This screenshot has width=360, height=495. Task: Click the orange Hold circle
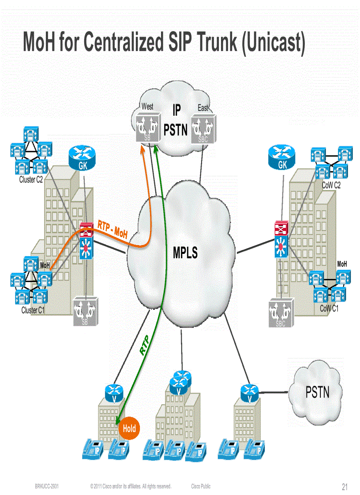point(129,428)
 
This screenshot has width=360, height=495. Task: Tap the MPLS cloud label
point(185,253)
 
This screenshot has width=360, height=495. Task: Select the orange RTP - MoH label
point(113,230)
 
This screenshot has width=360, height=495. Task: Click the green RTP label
point(144,346)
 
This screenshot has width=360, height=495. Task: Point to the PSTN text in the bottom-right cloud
point(317,392)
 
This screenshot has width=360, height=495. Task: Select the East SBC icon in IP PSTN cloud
point(203,129)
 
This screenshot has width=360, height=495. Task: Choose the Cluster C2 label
point(31,180)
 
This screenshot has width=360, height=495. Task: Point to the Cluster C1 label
point(33,310)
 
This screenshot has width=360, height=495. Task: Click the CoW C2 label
point(330,186)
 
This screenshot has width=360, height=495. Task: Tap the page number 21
point(345,487)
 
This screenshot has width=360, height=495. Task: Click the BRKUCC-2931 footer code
point(47,487)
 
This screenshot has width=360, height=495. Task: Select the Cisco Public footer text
point(201,487)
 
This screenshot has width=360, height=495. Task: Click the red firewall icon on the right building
point(280,228)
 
